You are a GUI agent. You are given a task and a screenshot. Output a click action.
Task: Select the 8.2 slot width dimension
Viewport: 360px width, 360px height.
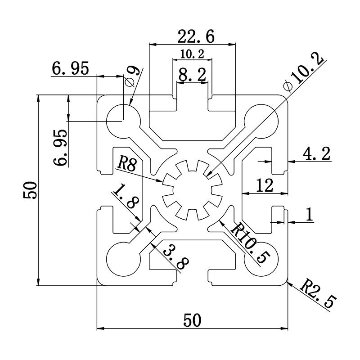(192, 75)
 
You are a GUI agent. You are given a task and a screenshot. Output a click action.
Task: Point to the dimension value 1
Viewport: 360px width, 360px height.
(309, 215)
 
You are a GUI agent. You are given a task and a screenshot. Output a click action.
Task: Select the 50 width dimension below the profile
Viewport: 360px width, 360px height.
(193, 321)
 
